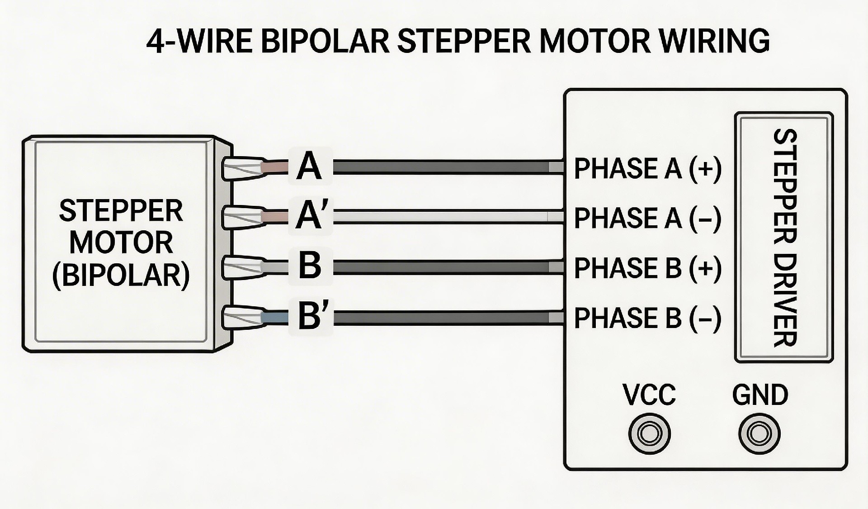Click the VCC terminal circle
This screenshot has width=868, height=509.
pos(649,433)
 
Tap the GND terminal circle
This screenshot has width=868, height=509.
pos(759,433)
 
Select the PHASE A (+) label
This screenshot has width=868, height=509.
pos(647,168)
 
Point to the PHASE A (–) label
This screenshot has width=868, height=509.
pos(647,218)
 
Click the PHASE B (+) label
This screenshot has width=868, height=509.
pos(647,268)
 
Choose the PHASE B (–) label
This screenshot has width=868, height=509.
pos(647,318)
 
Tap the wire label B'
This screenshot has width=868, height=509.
pos(311,315)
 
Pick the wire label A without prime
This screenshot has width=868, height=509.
pos(310,166)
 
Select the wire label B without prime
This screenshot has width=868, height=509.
pos(310,265)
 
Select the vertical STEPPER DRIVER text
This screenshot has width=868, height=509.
pos(784,237)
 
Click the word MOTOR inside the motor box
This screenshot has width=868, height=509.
pos(121,243)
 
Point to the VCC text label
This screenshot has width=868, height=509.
pos(649,395)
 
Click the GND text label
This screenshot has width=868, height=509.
pos(760,395)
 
